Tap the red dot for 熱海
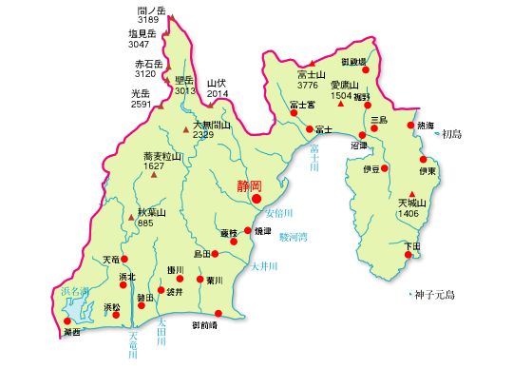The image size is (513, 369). coord(410,126)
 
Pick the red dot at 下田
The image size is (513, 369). coord(411,257)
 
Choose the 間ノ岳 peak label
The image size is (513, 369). coord(151,9)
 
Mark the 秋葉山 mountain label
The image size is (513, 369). coord(151,212)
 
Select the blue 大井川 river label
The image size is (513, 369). coord(263,267)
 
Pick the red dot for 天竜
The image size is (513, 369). coord(123,258)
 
